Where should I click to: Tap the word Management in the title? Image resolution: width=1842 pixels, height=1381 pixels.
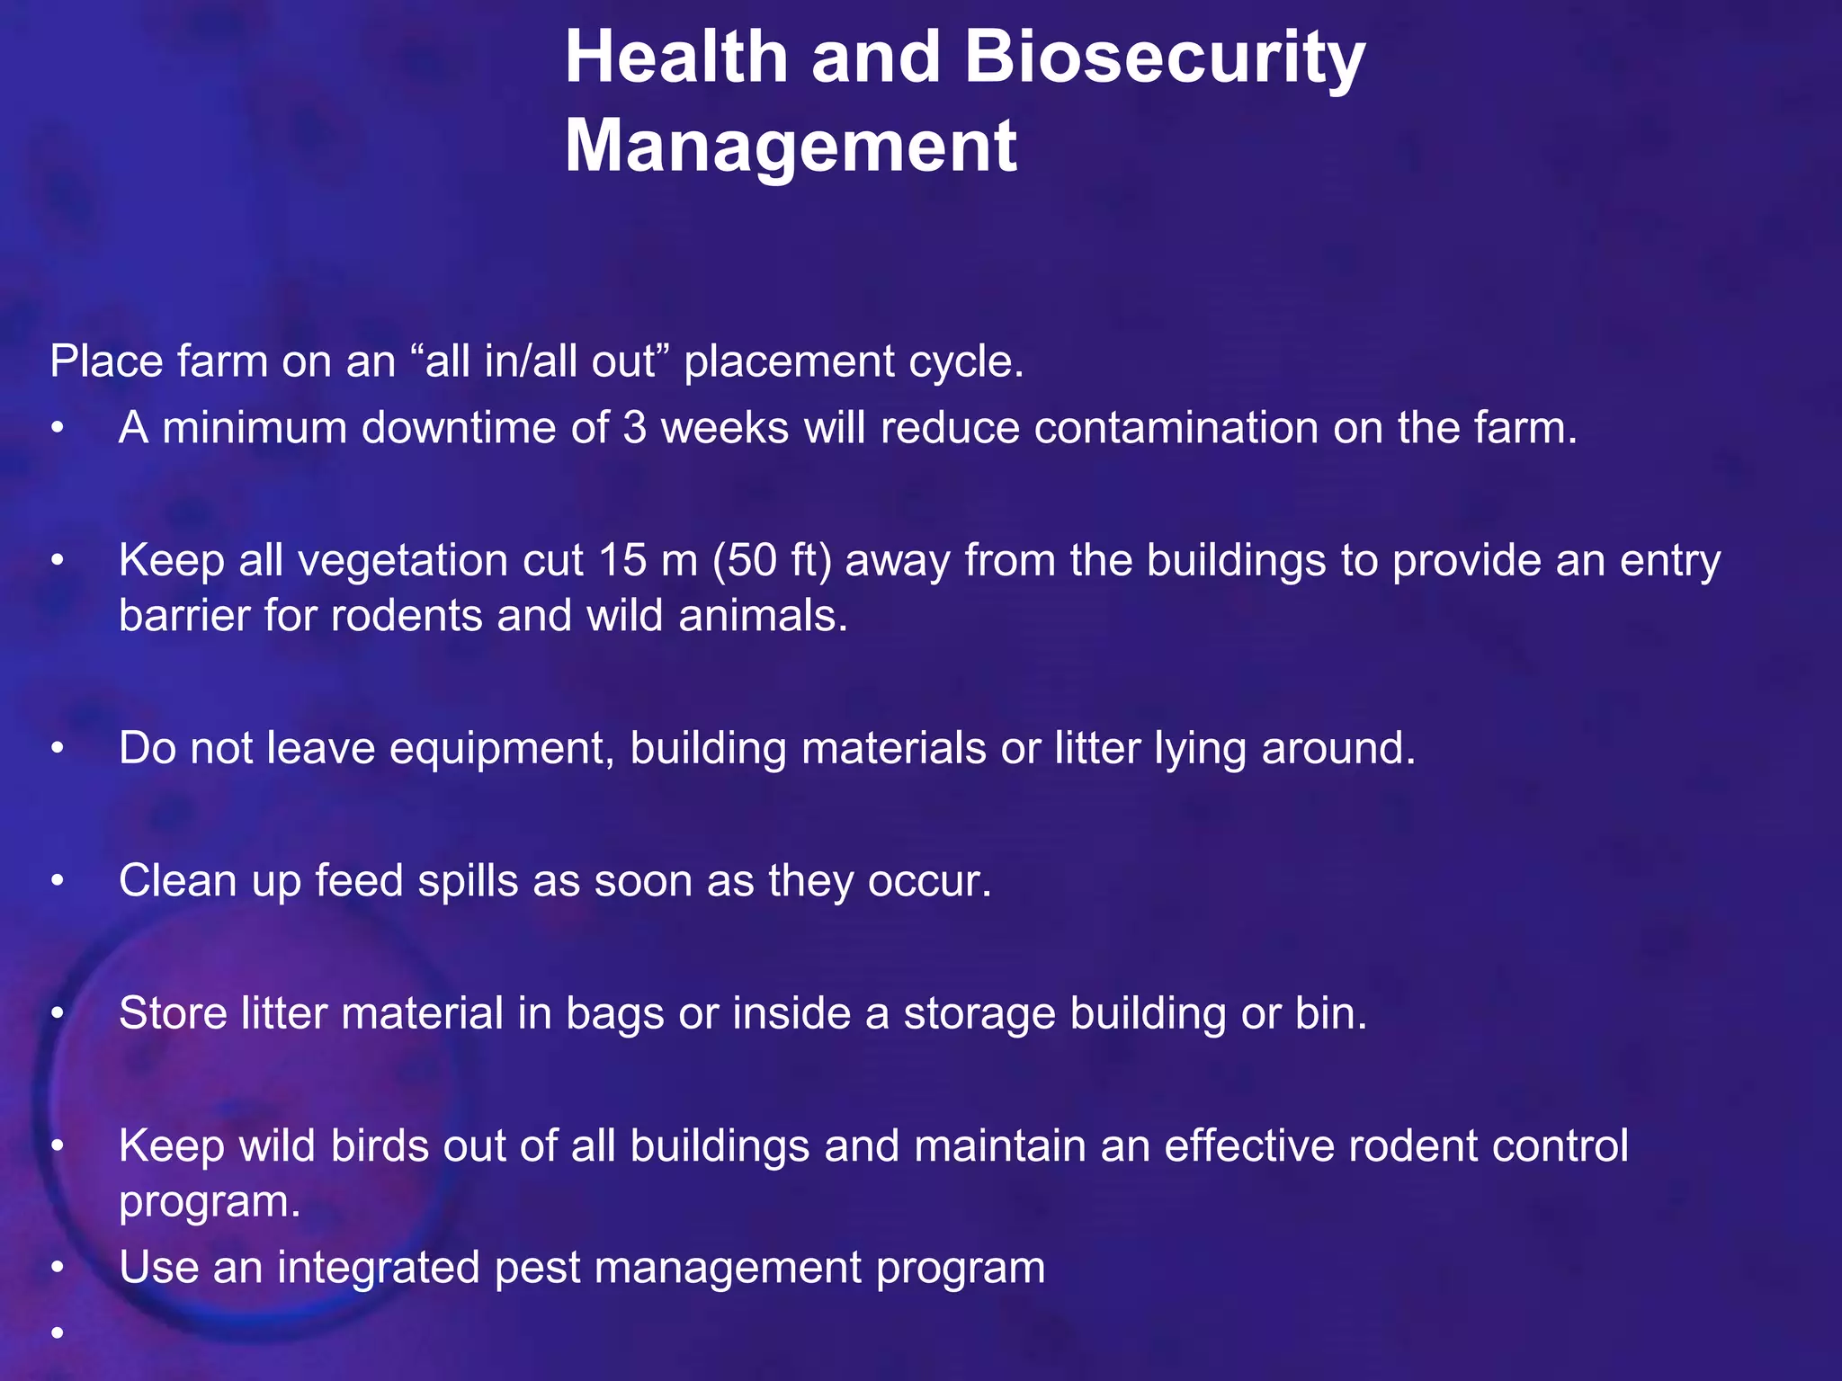click(x=791, y=146)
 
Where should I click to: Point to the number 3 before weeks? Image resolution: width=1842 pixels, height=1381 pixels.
click(x=634, y=428)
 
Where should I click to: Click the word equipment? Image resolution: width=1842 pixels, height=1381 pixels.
click(x=501, y=749)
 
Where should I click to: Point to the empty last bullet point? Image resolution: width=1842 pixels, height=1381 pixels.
click(x=58, y=1333)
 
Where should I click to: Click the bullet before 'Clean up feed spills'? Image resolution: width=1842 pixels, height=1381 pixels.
click(x=58, y=881)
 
